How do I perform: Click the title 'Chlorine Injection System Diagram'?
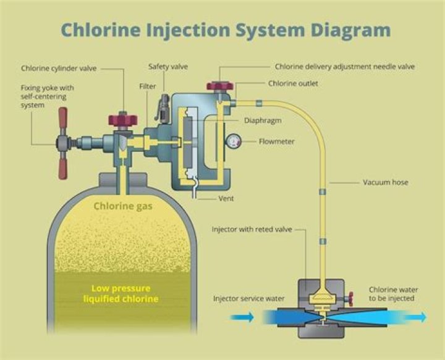click(x=225, y=30)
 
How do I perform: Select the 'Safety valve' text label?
click(x=168, y=67)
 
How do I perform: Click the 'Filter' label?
click(x=148, y=87)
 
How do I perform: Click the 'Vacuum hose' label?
click(x=384, y=182)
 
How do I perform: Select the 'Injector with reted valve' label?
click(x=251, y=229)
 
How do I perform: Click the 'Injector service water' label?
click(x=249, y=299)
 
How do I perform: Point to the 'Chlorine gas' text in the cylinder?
click(x=123, y=206)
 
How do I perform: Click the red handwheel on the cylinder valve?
click(x=122, y=118)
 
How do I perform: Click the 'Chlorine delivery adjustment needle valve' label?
click(x=344, y=67)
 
